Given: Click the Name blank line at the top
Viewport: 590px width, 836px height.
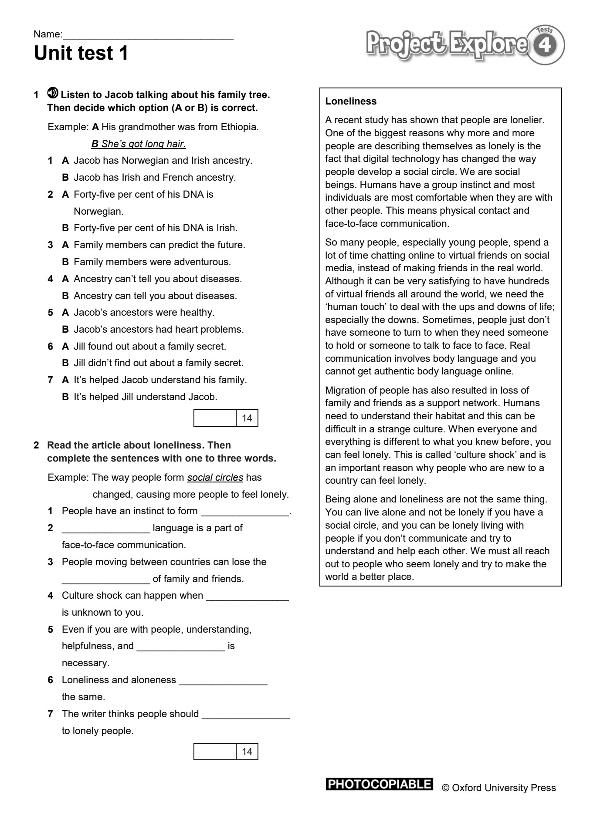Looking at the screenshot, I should [x=148, y=35].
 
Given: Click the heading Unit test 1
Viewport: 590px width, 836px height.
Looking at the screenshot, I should [x=81, y=54].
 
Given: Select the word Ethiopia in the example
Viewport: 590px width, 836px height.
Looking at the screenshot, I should [x=239, y=127].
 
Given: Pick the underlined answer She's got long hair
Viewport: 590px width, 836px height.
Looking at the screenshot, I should [x=139, y=144].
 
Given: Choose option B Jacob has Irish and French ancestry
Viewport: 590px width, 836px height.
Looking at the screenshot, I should [x=154, y=178].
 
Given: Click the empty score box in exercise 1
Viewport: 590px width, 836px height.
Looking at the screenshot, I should [x=215, y=418].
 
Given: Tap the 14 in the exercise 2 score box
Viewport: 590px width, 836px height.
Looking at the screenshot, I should [x=247, y=752].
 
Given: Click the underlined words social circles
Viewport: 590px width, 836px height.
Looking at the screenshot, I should [x=215, y=478].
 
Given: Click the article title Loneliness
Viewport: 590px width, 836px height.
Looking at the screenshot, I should [x=351, y=101].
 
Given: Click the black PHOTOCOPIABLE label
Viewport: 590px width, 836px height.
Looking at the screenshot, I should [x=379, y=785].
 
